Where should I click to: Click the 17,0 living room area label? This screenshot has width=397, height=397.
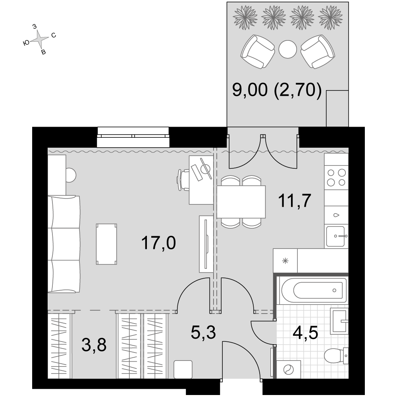click(x=158, y=243)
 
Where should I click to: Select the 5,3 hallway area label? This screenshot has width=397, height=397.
click(x=203, y=332)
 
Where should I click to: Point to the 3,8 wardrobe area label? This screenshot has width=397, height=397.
click(x=94, y=345)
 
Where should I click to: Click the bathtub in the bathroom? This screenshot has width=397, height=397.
click(x=314, y=291)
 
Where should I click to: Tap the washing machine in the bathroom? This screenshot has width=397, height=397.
click(x=288, y=370)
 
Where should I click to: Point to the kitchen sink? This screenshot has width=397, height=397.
click(x=336, y=237)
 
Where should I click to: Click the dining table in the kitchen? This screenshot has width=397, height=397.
click(x=241, y=202)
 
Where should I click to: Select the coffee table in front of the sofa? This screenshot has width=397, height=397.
click(x=106, y=244)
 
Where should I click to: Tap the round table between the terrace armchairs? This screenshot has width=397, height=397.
click(x=287, y=49)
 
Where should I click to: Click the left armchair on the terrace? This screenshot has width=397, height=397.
click(x=258, y=52)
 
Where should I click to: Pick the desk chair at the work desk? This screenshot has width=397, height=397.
click(x=183, y=180)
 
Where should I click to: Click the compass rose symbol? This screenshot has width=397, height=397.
click(x=39, y=39)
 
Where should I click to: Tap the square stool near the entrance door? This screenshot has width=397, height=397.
click(x=183, y=370)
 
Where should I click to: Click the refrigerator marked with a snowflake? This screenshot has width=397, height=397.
click(x=285, y=260)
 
